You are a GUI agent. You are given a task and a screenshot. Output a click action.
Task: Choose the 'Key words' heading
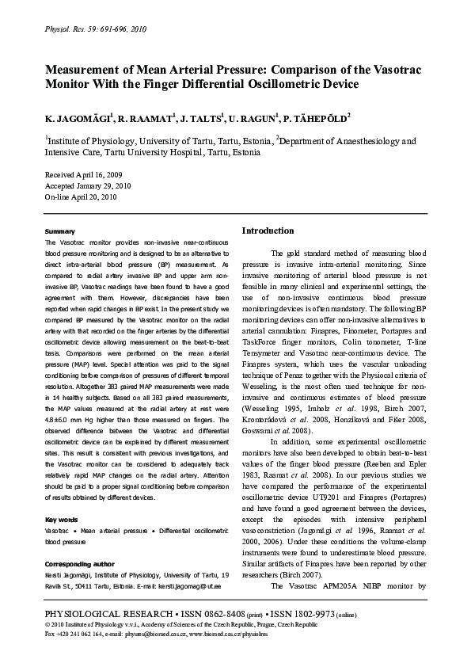[61, 520]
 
